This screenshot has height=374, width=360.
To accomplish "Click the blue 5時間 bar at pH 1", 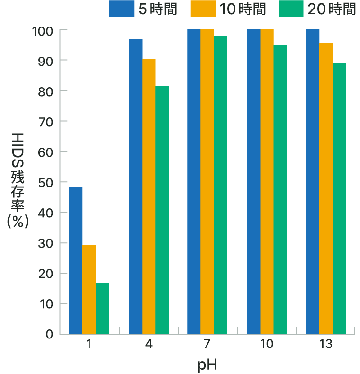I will pyautogui.click(x=76, y=260).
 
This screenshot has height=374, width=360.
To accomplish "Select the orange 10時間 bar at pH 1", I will pyautogui.click(x=89, y=289).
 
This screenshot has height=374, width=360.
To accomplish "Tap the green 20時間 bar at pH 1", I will pyautogui.click(x=102, y=308).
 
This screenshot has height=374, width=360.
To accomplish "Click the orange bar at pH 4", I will pyautogui.click(x=149, y=196).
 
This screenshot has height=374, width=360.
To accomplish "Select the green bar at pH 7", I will pyautogui.click(x=220, y=185).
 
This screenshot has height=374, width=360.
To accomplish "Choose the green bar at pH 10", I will pyautogui.click(x=280, y=189).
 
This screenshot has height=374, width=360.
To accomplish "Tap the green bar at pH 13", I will pyautogui.click(x=339, y=198).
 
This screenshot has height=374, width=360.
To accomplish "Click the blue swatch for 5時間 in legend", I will pyautogui.click(x=122, y=9).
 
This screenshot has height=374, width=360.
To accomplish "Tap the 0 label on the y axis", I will pyautogui.click(x=49, y=335).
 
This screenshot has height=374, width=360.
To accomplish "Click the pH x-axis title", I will pyautogui.click(x=207, y=365).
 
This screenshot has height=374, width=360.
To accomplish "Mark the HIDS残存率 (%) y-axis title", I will pyautogui.click(x=18, y=181).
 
